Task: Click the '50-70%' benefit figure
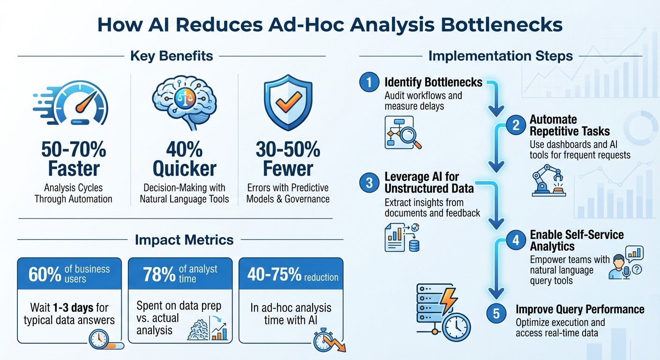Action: click(x=74, y=150)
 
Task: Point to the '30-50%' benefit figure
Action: click(x=288, y=150)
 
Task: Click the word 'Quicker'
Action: click(x=184, y=169)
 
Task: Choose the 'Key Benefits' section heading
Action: click(x=172, y=56)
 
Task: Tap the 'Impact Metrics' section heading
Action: click(x=184, y=240)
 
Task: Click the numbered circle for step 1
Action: click(x=369, y=83)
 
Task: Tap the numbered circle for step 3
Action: click(x=369, y=183)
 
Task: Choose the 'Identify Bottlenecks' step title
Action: click(x=433, y=82)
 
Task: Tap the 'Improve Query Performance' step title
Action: click(x=580, y=309)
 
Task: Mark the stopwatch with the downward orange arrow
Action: click(x=326, y=340)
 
